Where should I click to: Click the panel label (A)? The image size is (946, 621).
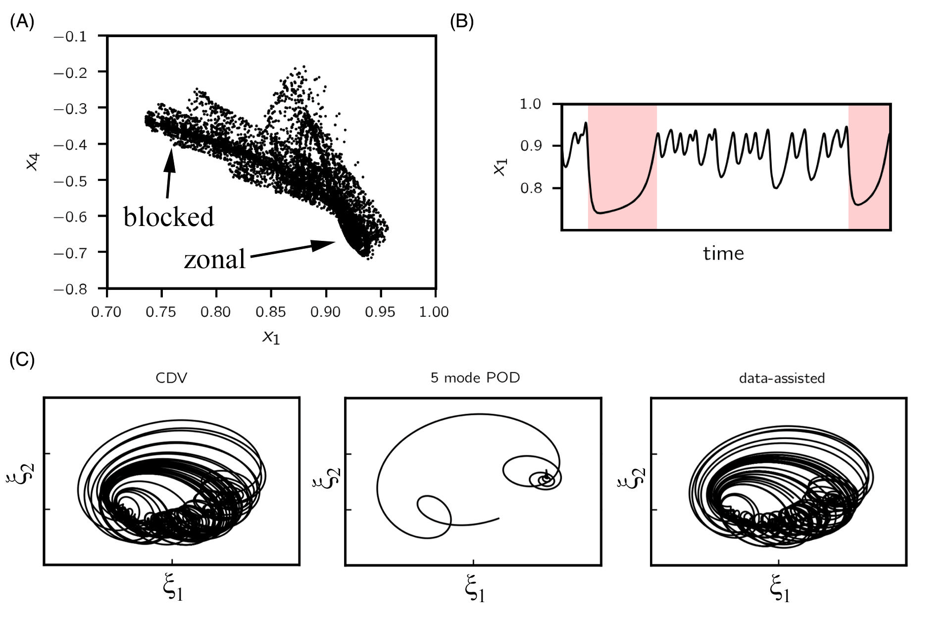22,22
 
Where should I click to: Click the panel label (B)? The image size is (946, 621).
461,22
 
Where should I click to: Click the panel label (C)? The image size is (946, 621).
22,360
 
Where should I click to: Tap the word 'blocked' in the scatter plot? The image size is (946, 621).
168,217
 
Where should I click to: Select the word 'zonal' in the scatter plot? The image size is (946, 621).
214,259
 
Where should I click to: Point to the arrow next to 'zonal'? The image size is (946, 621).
292,249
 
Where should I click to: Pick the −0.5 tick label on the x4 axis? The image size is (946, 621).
70,181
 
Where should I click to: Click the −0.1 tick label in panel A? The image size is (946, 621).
70,37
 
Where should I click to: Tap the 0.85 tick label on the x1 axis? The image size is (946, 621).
271,312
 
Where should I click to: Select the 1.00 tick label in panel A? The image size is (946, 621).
434,312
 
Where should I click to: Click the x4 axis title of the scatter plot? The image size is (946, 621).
33,162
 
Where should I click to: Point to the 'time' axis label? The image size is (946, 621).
723,254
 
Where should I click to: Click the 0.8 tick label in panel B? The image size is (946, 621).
530,188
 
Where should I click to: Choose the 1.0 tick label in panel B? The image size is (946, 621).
530,105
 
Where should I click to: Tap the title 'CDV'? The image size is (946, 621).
171,378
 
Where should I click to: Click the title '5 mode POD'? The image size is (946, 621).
475,378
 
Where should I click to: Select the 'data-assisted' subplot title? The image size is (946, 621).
782,378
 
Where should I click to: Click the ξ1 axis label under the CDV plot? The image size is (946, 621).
172,590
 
